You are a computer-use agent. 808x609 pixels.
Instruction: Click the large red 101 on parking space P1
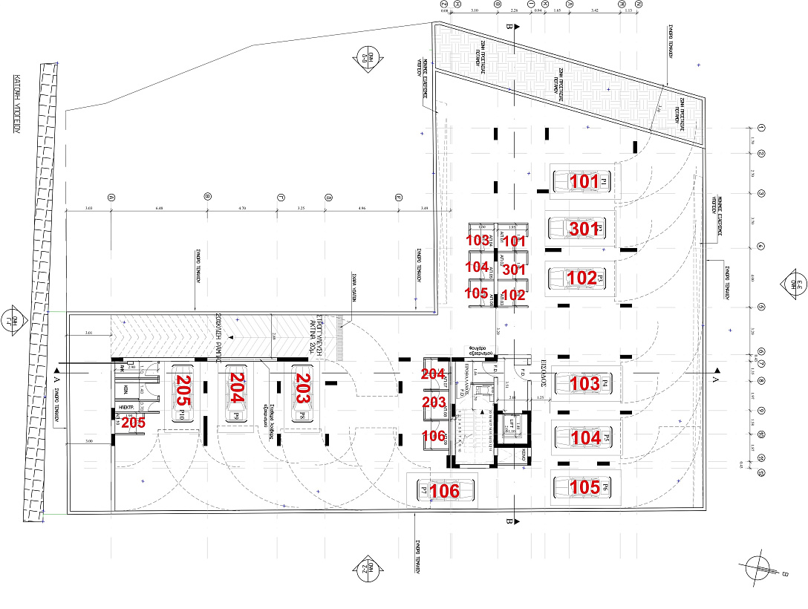tap(584, 182)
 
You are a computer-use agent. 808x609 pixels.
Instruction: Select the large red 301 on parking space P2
tap(584, 229)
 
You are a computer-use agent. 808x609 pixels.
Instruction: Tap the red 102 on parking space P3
tap(581, 278)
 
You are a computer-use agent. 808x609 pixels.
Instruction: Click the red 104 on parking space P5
tap(586, 438)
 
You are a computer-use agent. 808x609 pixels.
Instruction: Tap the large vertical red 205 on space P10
tap(183, 391)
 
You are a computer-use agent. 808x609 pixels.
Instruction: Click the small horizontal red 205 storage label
tap(133, 422)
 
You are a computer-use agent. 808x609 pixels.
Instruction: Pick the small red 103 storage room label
tap(477, 241)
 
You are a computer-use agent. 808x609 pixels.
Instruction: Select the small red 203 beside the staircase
tap(434, 402)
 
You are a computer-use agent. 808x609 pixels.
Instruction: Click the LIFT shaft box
tap(510, 426)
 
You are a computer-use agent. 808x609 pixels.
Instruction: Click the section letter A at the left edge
tap(56, 378)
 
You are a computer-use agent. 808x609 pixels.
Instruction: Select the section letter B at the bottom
tap(509, 521)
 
